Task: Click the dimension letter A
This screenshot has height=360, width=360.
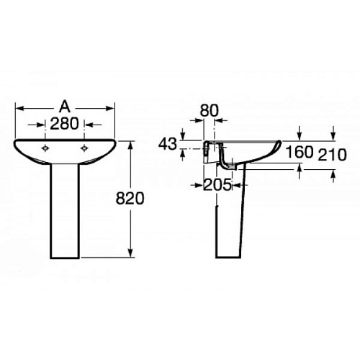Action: (x=65, y=107)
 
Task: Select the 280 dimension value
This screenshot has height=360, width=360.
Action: (x=64, y=124)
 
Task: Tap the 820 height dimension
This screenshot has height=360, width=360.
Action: (x=130, y=198)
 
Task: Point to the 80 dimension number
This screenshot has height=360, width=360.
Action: (x=210, y=111)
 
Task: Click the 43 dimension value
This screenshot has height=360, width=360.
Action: (x=168, y=144)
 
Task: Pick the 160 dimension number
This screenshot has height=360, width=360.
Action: (x=300, y=152)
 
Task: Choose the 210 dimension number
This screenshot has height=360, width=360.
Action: (x=332, y=155)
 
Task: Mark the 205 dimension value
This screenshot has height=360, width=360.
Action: (x=217, y=185)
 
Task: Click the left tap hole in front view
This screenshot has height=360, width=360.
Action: (x=45, y=148)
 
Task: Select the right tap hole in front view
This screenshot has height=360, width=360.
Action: (x=84, y=148)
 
